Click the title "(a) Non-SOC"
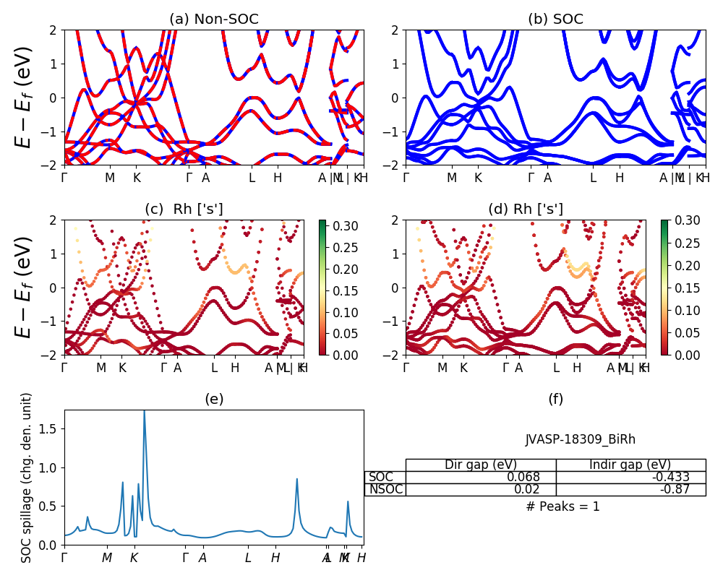click(x=213, y=20)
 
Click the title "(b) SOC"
click(x=555, y=20)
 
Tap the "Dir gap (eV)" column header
click(x=480, y=465)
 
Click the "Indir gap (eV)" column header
click(x=630, y=465)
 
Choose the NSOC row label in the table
click(x=385, y=490)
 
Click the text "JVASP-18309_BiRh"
click(x=580, y=439)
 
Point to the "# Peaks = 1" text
click(x=563, y=506)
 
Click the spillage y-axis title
click(x=27, y=478)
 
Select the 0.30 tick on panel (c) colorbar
click(x=339, y=226)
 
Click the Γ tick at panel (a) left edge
click(x=64, y=177)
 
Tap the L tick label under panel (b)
click(x=593, y=177)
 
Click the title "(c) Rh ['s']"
click(x=184, y=210)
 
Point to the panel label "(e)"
click(x=213, y=399)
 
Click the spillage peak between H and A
click(x=296, y=479)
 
